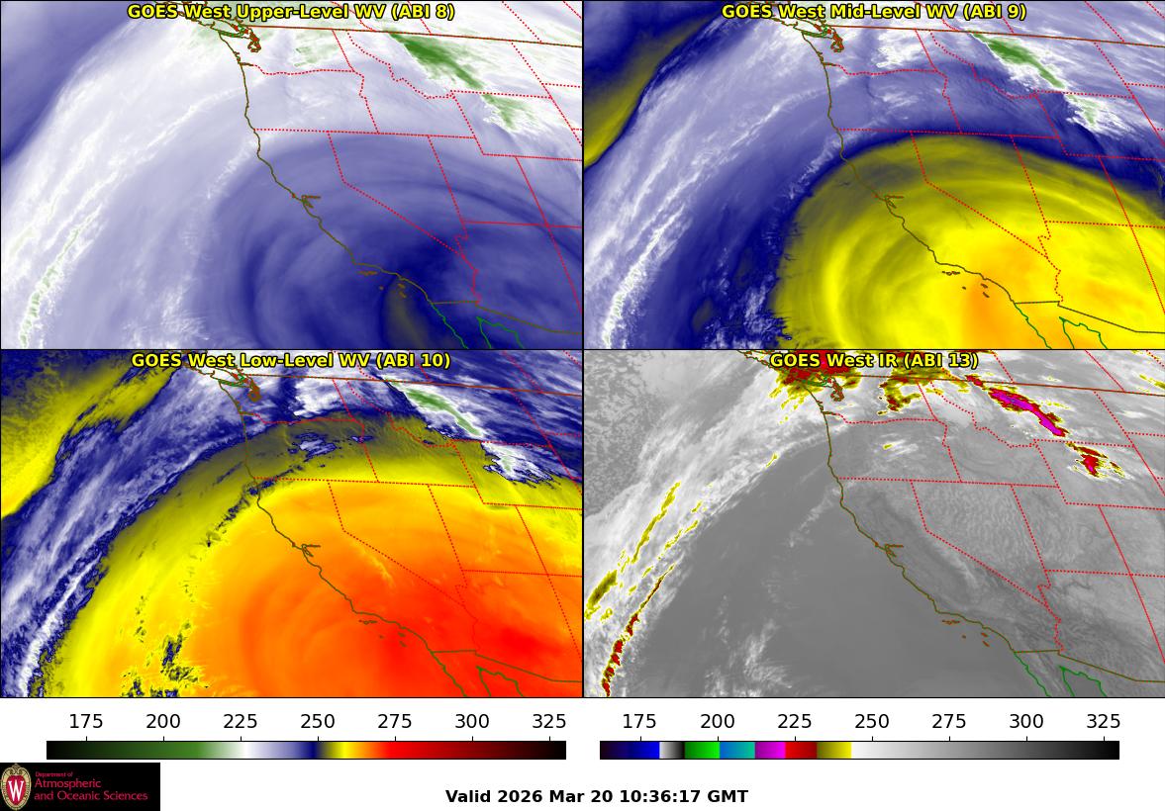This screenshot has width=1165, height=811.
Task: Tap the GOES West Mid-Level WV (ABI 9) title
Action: [x=873, y=12]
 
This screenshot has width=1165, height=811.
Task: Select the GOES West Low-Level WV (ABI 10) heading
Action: [x=291, y=361]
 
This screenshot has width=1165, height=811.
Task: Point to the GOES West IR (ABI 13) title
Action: [x=873, y=361]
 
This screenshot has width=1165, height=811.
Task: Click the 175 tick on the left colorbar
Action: [x=86, y=721]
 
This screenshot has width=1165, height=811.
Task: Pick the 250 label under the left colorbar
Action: [x=318, y=721]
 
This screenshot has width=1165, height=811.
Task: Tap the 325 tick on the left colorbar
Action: [x=549, y=721]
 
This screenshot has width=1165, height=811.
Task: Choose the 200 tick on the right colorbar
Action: [x=717, y=721]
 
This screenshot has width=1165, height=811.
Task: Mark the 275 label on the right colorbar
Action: [x=948, y=721]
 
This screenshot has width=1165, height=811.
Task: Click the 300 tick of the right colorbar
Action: [x=1025, y=721]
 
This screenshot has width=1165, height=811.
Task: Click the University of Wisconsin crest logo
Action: [x=16, y=787]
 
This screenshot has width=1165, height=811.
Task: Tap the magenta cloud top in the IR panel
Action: [x=1029, y=407]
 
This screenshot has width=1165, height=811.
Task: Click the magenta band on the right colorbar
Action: [x=770, y=750]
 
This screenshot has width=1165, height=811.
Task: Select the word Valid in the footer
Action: [x=467, y=796]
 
